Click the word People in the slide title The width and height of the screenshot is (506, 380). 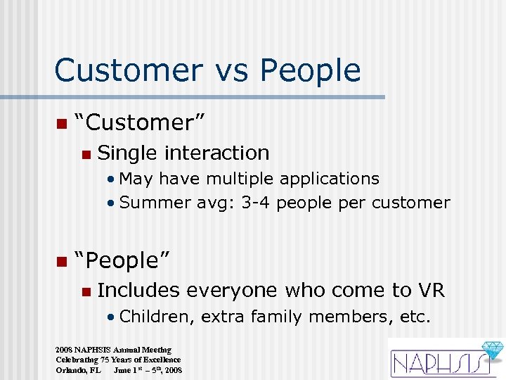309,70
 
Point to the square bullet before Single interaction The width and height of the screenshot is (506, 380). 85,154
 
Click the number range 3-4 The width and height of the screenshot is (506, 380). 258,203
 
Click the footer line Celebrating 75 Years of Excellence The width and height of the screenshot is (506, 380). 118,360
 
